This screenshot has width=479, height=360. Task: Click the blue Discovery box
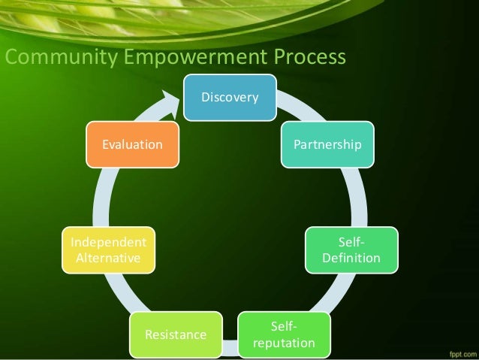(x=230, y=98)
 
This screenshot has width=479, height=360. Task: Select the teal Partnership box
(x=327, y=143)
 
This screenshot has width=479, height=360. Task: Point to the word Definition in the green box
(x=351, y=259)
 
